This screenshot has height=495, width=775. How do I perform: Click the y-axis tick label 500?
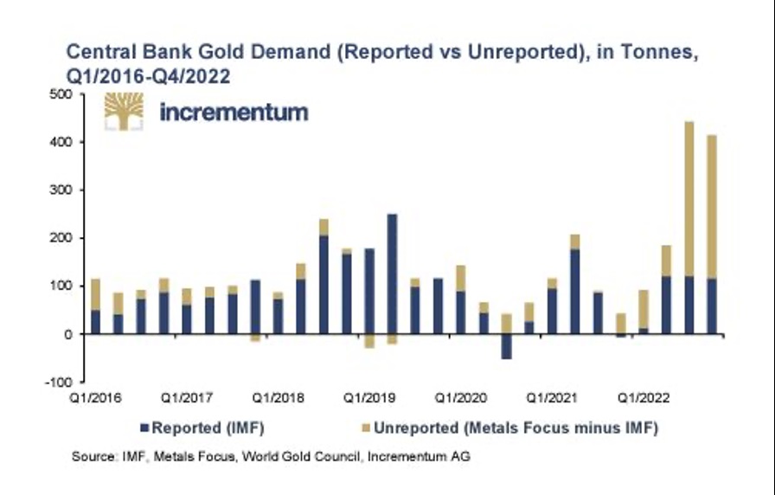pos(59,94)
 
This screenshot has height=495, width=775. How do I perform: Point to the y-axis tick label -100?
pos(57,382)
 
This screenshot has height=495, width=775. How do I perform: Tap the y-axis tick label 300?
pos(59,190)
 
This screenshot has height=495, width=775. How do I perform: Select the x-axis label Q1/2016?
pos(94,399)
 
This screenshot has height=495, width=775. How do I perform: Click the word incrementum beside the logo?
pos(234,112)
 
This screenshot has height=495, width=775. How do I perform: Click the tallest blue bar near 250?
pos(393,274)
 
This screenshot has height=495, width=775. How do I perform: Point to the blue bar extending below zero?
pos(507,346)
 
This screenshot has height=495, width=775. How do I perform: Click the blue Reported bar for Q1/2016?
pos(95,322)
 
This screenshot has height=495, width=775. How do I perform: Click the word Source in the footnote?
pos(92,456)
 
